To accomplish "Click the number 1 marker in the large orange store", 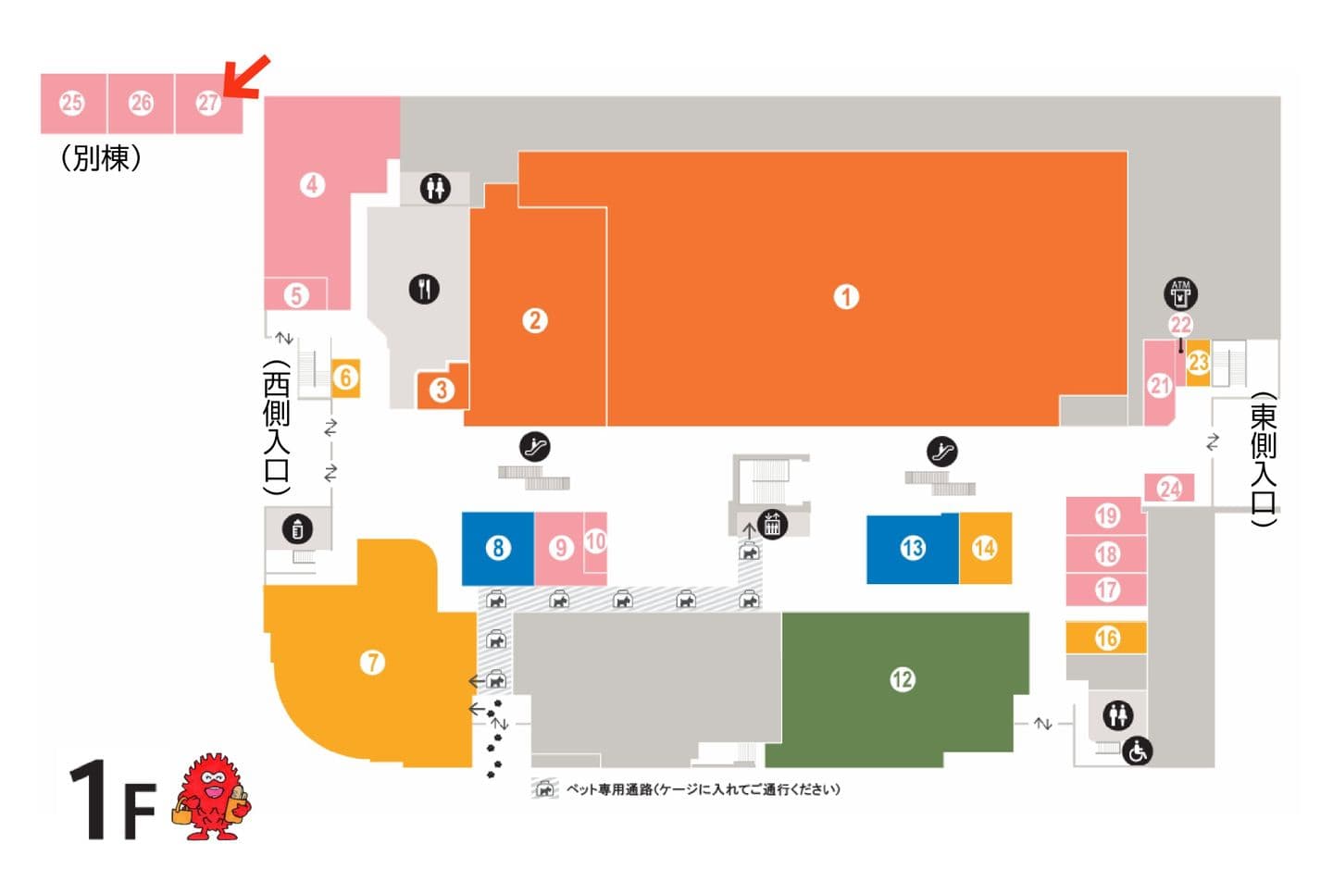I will coord(845,297).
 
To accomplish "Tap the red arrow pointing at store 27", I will coord(246,77).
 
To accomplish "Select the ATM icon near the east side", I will coord(1180,293).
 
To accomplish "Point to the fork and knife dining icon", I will coord(424,289).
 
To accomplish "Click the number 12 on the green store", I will coord(902,680).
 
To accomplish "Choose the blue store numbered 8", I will coord(498,548).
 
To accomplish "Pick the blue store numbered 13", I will coord(912,548).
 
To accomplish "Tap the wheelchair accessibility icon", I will coord(1138,752).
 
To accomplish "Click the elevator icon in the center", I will coord(772,524).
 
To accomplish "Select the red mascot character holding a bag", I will coord(212,797).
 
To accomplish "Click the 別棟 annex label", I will coord(101,158).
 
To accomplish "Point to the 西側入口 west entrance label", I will coord(277,427).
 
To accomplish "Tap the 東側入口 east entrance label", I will coord(1264,460).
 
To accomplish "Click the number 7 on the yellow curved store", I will coord(372,663).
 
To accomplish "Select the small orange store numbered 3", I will coord(442,390).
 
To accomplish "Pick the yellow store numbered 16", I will coord(1106,638).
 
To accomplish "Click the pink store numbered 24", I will coord(1169,488).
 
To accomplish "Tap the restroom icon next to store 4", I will coord(434,189).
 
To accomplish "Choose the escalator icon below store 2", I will coord(534,446).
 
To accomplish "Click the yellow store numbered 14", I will coord(984,548).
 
